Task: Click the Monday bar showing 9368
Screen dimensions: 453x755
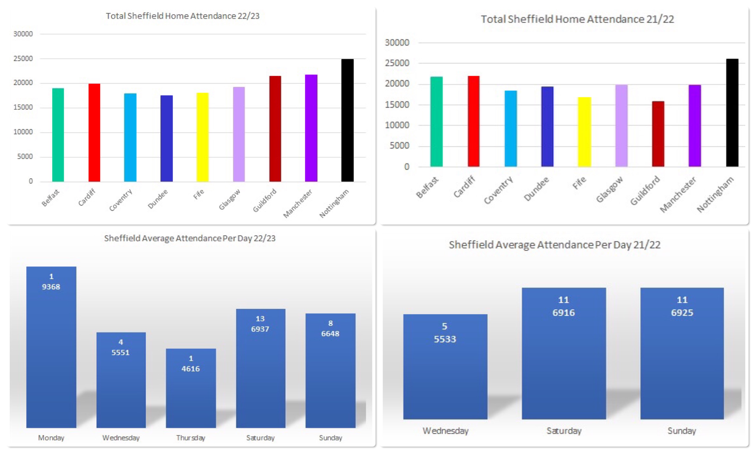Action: click(51, 351)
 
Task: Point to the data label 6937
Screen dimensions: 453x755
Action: click(260, 329)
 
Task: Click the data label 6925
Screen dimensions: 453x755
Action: click(682, 313)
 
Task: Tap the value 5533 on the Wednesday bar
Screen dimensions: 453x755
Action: click(445, 339)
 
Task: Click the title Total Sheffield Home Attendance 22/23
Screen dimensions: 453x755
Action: click(183, 16)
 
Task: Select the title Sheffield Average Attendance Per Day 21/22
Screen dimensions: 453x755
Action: click(554, 245)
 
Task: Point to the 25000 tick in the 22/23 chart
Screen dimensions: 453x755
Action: click(23, 59)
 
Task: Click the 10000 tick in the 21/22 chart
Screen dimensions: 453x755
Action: click(397, 125)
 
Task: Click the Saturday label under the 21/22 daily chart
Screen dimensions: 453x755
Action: click(564, 431)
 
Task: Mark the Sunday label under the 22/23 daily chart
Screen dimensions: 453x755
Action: click(331, 438)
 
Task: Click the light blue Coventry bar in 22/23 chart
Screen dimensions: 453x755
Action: click(130, 137)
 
